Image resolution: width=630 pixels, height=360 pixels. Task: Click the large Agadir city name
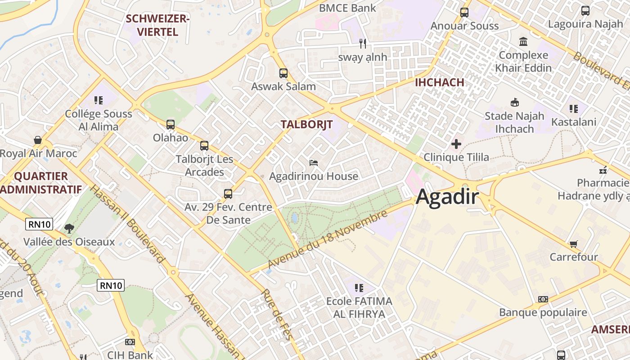[x=447, y=197]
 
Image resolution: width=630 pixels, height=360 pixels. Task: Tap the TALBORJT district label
[x=306, y=125]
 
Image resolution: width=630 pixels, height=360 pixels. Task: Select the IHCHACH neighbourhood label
[x=439, y=82]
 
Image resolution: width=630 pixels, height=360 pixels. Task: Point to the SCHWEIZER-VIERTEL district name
[x=158, y=25]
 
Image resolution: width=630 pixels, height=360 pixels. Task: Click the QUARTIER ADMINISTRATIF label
[x=41, y=183]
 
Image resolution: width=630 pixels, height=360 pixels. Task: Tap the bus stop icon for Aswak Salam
[x=283, y=73]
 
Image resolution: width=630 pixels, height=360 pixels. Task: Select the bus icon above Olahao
[x=170, y=125]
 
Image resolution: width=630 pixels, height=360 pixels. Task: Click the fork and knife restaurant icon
[x=363, y=44]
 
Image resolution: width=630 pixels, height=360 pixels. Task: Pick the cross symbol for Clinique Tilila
[x=456, y=144]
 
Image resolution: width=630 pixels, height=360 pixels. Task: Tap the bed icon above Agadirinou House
[x=314, y=162]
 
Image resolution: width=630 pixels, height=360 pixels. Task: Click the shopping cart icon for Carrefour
[x=573, y=244]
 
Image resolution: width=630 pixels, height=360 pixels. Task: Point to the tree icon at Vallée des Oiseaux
[x=69, y=229]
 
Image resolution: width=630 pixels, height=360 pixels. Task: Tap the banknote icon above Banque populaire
[x=543, y=299]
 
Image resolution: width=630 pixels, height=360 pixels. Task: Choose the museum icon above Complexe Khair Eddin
[x=523, y=42]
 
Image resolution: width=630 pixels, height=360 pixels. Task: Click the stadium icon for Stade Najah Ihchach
[x=514, y=103]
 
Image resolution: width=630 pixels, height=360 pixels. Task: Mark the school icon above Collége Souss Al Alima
[x=98, y=100]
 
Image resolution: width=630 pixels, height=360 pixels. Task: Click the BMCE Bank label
[x=347, y=8]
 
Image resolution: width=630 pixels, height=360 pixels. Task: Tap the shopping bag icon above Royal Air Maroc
[x=38, y=140]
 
